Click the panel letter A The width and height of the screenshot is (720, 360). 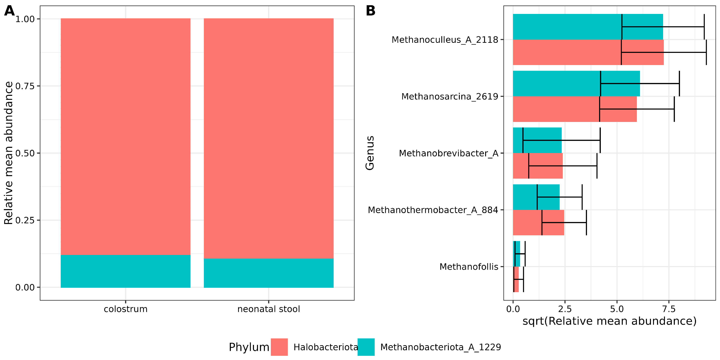10,11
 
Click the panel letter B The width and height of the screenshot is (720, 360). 371,11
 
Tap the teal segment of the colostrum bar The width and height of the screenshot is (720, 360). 125,271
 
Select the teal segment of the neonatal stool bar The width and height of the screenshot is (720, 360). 269,273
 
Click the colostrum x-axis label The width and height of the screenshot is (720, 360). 125,309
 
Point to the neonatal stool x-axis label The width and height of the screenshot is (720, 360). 269,309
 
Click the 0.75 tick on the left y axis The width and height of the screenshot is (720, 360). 25,86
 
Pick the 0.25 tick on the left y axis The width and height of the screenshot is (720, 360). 25,220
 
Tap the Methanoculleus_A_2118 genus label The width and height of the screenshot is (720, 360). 445,40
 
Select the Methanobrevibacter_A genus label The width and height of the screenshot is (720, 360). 449,153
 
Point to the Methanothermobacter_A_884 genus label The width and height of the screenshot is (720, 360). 433,210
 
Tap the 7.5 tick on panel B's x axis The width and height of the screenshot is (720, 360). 669,309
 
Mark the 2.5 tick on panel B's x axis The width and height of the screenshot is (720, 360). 565,309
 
